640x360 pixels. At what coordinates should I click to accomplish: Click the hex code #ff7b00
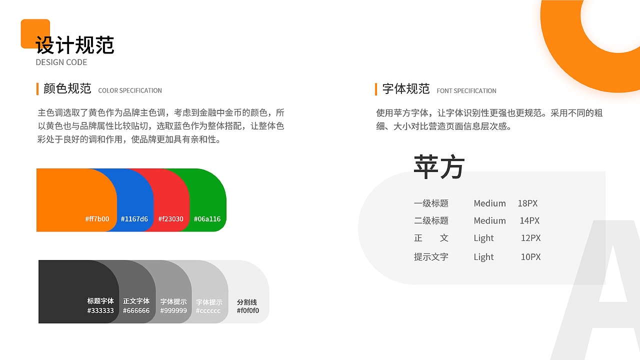tap(97, 219)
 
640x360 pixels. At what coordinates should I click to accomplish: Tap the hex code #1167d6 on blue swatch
tap(134, 219)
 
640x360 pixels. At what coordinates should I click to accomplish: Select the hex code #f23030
tap(171, 219)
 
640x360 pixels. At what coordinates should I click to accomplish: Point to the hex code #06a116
tap(207, 219)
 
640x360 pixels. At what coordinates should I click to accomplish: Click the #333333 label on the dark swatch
tap(100, 310)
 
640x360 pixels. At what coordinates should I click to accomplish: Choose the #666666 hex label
tap(136, 310)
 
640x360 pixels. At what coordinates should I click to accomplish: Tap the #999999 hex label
tap(173, 310)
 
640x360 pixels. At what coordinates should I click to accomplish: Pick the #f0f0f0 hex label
tap(248, 310)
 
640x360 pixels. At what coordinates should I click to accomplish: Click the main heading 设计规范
tap(75, 45)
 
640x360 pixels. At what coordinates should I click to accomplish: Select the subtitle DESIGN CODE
tap(61, 62)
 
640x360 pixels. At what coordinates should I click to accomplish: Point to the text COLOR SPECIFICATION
tap(130, 90)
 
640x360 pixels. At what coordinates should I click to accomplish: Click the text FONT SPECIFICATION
tap(466, 91)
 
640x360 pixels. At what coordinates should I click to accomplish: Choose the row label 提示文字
tap(431, 257)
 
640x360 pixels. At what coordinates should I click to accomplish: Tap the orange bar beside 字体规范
tap(376, 89)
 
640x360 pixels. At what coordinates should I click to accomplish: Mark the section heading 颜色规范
tap(67, 88)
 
